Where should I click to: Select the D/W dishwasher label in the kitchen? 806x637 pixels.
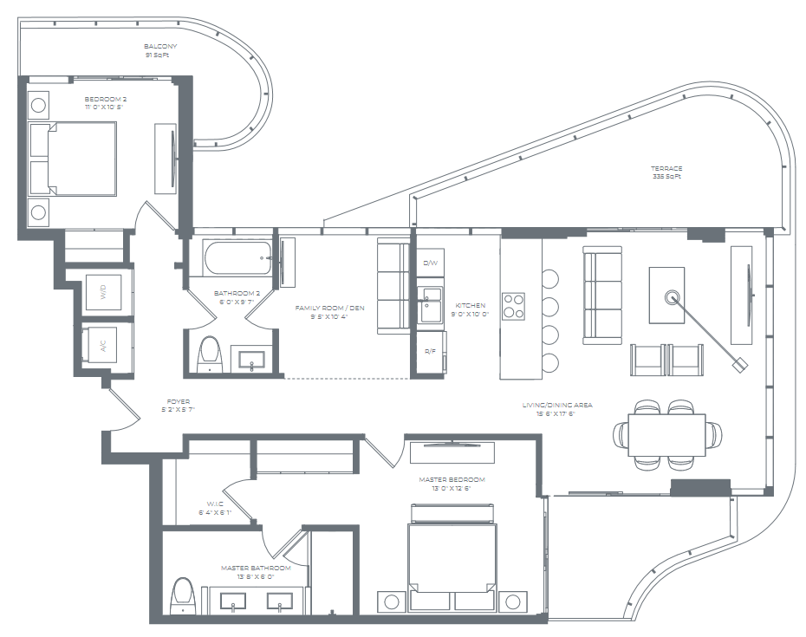tap(430, 263)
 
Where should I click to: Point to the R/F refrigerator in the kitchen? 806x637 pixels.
tap(430, 351)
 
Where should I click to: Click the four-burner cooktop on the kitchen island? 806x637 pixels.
tap(514, 305)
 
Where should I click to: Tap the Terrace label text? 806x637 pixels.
tap(666, 169)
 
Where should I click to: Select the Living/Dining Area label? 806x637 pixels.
tap(549, 406)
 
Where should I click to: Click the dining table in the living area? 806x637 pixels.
tap(666, 434)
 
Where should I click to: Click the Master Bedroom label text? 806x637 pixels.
tap(452, 480)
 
